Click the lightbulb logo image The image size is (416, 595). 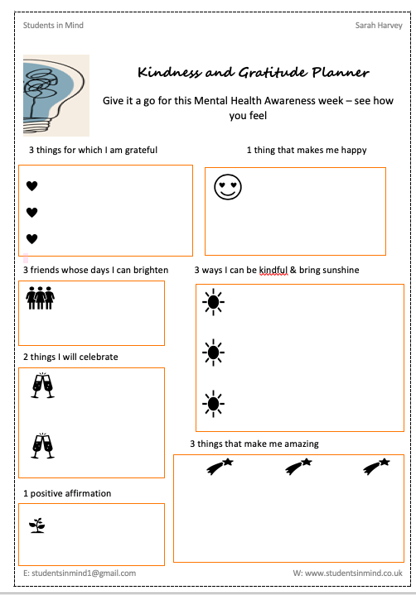click(56, 95)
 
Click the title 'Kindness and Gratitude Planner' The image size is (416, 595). click(253, 73)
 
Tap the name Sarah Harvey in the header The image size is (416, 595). click(379, 26)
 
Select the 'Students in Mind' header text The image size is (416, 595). click(53, 26)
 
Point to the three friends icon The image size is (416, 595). click(41, 298)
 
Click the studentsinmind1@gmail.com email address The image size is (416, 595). click(80, 573)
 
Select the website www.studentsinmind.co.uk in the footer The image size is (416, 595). click(347, 573)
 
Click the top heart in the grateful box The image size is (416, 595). click(32, 185)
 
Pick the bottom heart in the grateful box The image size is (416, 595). click(32, 240)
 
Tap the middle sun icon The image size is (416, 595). click(214, 353)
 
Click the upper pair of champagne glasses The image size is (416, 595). click(41, 386)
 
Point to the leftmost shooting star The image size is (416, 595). click(219, 468)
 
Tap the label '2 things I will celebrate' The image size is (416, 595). click(70, 357)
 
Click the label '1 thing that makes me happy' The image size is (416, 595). click(307, 151)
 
